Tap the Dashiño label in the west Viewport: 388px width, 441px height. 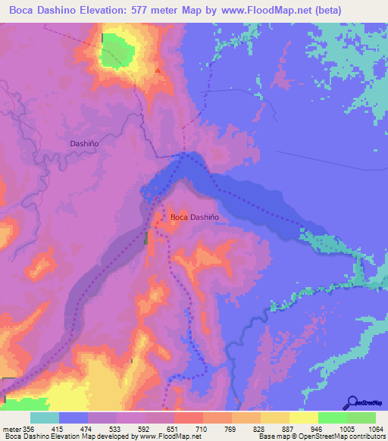click(84, 142)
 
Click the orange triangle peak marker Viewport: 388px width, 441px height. click(158, 70)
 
